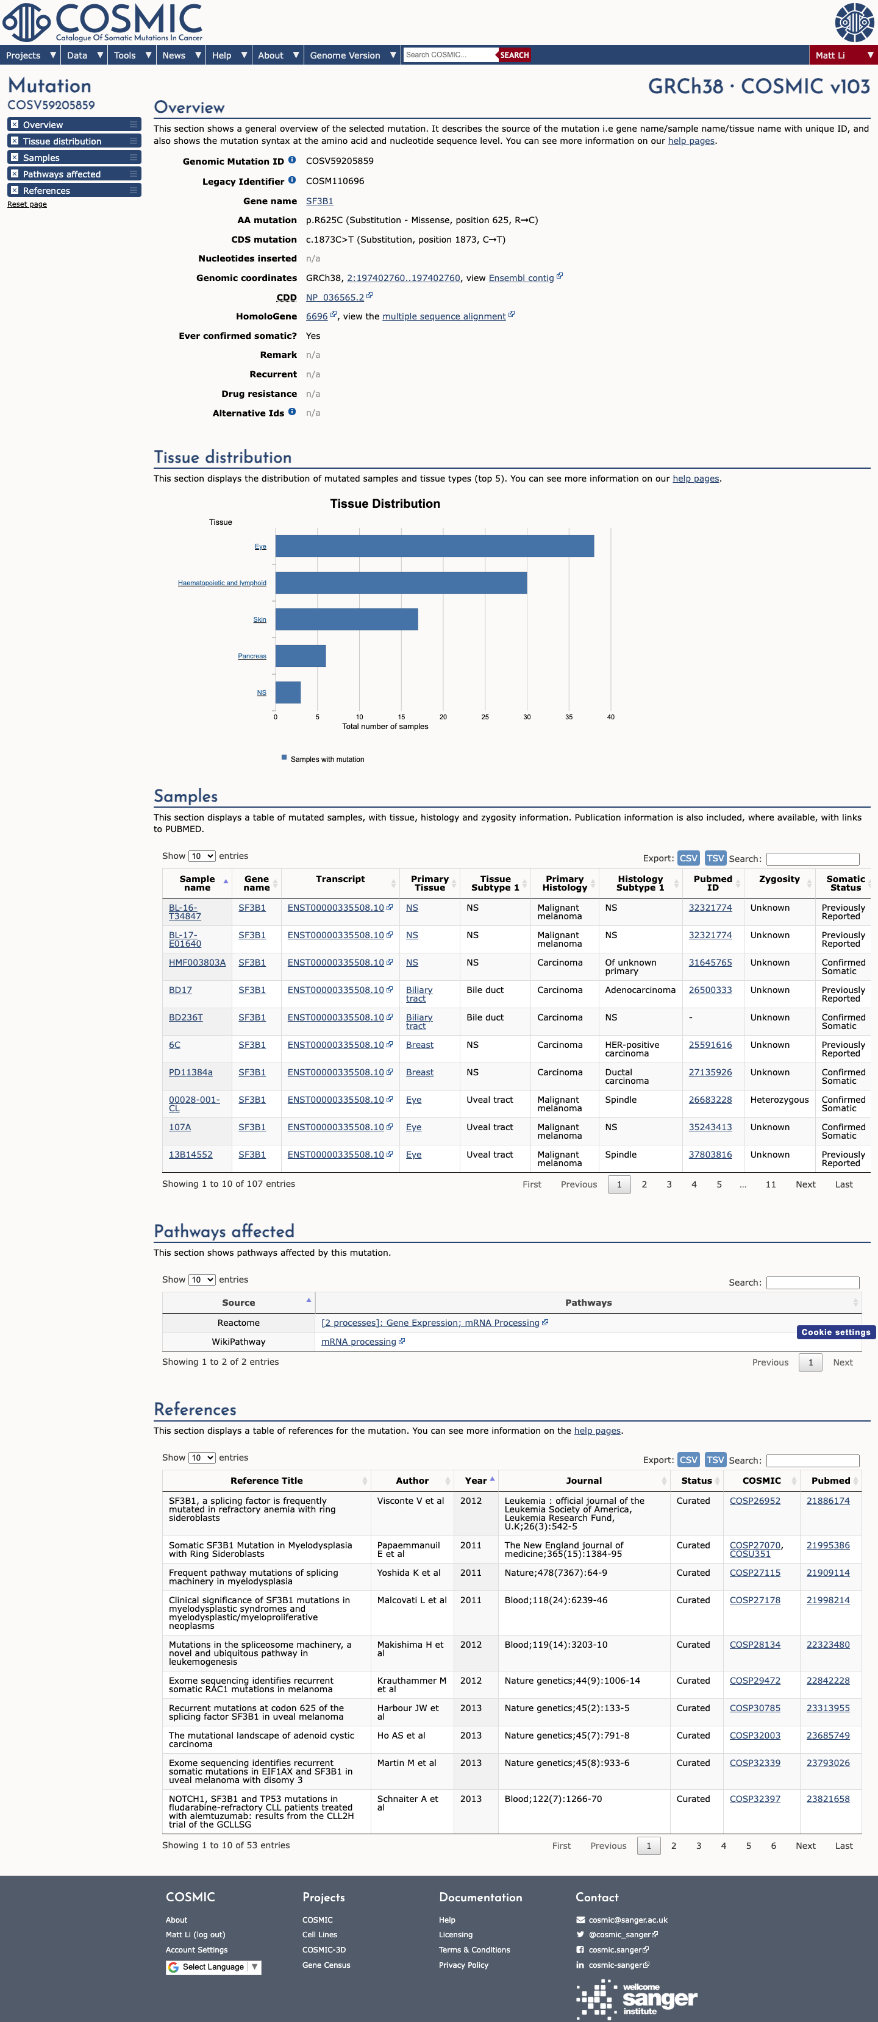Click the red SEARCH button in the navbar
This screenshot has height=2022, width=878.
click(515, 55)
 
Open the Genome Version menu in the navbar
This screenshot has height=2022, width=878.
click(352, 55)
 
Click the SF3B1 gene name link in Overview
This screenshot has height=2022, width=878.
click(319, 201)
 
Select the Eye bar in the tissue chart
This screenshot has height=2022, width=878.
click(434, 546)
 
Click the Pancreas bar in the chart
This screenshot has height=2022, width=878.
click(301, 656)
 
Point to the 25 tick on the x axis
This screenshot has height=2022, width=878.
click(485, 717)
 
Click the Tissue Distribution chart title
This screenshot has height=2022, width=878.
click(385, 504)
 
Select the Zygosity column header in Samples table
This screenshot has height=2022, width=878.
click(779, 879)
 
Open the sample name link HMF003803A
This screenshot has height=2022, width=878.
click(197, 963)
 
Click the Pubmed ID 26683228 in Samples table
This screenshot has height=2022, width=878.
click(710, 1100)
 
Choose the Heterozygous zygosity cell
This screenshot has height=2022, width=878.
click(779, 1100)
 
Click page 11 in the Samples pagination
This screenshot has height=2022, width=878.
click(771, 1184)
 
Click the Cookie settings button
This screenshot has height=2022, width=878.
click(835, 1332)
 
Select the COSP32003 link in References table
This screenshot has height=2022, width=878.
click(755, 1735)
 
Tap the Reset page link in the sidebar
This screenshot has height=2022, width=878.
click(27, 204)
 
